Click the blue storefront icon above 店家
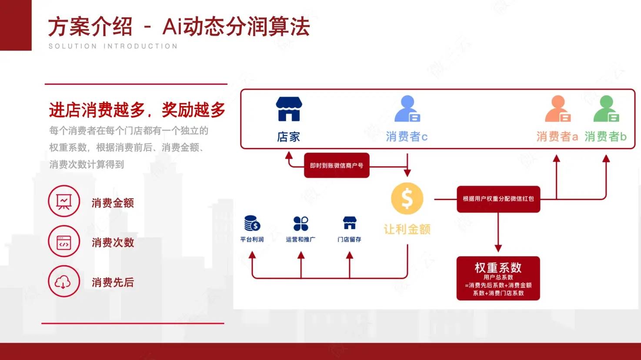[288, 109]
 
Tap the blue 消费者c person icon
[407, 109]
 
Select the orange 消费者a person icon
[558, 109]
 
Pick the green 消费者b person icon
[606, 109]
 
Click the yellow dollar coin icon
[407, 199]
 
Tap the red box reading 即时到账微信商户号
[337, 165]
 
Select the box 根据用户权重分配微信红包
[498, 199]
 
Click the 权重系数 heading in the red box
[498, 267]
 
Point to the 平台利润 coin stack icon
[252, 223]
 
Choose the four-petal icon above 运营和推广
[301, 223]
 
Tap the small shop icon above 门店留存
[350, 223]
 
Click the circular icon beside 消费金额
[64, 201]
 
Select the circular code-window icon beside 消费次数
[64, 241]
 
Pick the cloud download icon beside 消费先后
[64, 282]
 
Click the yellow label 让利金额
[407, 229]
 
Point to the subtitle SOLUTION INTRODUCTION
[113, 46]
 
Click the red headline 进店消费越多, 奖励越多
[137, 110]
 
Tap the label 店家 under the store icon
[288, 137]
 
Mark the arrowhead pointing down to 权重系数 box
[498, 248]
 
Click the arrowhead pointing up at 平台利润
[252, 255]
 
